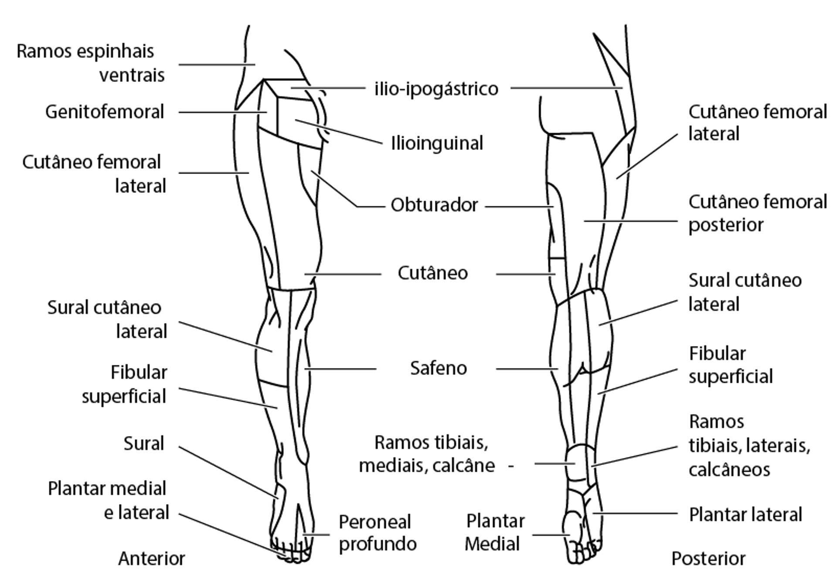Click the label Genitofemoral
click(105, 112)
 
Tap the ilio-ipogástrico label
click(436, 89)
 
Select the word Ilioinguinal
click(437, 143)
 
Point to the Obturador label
click(434, 205)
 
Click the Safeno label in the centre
click(438, 368)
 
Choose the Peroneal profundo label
click(378, 533)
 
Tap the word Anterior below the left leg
click(152, 559)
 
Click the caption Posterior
click(708, 559)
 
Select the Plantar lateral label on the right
click(745, 514)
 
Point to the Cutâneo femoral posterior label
click(757, 214)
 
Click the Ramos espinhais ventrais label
click(91, 63)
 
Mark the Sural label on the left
click(143, 444)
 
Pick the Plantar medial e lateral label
click(108, 501)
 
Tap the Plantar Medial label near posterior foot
click(494, 532)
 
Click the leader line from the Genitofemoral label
click(222, 112)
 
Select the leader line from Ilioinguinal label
click(338, 131)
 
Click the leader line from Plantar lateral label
click(635, 514)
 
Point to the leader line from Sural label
click(227, 472)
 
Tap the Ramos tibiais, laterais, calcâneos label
click(749, 446)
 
